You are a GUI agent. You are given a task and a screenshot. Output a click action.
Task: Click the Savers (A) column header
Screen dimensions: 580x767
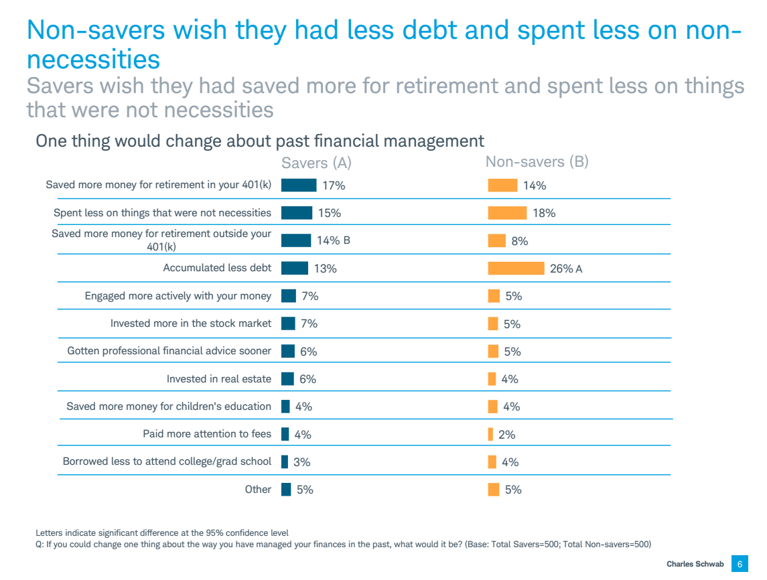(x=316, y=163)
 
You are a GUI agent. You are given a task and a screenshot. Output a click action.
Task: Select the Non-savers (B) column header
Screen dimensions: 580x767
(x=537, y=161)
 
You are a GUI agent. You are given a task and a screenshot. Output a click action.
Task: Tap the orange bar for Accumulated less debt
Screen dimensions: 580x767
(x=516, y=268)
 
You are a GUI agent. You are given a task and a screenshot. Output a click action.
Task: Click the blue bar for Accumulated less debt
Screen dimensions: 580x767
(x=295, y=268)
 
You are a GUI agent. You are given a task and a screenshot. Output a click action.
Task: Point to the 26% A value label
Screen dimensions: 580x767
(x=566, y=269)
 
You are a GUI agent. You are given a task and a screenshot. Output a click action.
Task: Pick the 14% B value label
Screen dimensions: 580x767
(x=334, y=240)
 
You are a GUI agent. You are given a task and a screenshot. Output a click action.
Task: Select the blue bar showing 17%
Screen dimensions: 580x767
(x=299, y=186)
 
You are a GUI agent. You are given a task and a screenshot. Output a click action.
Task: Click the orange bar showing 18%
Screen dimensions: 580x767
(x=507, y=213)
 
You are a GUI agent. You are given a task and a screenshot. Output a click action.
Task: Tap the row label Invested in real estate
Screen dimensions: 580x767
(x=219, y=379)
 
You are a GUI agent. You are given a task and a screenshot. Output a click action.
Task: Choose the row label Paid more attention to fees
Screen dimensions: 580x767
(x=207, y=434)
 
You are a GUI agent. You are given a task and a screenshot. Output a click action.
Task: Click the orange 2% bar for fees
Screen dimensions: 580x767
(x=490, y=434)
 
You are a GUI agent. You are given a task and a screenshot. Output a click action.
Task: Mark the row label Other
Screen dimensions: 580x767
(x=258, y=490)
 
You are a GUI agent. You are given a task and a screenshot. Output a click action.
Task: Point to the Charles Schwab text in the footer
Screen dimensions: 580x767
(x=695, y=564)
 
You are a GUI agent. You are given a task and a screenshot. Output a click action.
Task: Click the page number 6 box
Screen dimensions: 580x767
(x=740, y=564)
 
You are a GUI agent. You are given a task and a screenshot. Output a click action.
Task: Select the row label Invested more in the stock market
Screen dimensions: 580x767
(x=191, y=323)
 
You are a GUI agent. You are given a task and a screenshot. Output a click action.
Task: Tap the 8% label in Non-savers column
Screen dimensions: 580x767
(x=520, y=241)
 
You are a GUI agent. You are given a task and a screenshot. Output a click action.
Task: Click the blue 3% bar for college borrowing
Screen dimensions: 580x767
(x=285, y=461)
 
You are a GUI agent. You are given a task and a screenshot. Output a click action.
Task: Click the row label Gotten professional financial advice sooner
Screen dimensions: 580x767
(x=169, y=351)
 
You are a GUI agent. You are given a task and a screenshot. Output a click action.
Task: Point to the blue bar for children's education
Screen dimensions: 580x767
(x=285, y=407)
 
